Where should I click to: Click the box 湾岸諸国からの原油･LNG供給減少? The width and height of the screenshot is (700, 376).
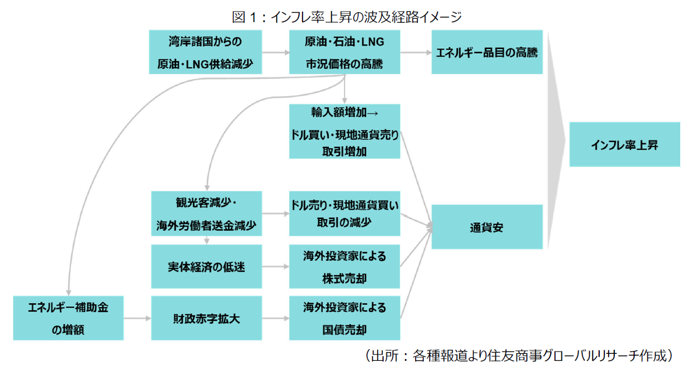(206, 52)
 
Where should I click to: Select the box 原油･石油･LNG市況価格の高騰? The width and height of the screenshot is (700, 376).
(344, 52)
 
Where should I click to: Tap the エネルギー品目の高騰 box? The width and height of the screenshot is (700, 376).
(487, 52)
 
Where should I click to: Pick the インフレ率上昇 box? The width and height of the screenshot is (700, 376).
(624, 145)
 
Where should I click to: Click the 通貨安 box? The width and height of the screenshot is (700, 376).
(487, 227)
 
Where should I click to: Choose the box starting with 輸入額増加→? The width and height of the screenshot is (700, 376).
(344, 131)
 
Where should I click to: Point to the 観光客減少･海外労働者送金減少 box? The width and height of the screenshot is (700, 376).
(206, 213)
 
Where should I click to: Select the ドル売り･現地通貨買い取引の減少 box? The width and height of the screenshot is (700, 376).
(344, 213)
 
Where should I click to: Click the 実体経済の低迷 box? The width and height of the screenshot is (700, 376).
(206, 267)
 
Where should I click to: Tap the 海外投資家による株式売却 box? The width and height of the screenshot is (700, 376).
(344, 267)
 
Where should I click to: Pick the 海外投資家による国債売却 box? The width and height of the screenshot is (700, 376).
(344, 318)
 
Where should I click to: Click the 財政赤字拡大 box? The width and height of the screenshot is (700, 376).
(206, 318)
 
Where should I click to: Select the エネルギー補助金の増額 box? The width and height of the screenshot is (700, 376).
(68, 318)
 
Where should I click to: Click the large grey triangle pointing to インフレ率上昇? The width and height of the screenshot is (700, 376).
(557, 140)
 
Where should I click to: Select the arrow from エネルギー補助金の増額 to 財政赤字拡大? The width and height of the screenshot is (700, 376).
(137, 318)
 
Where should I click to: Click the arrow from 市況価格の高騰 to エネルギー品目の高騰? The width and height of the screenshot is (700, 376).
(416, 52)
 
